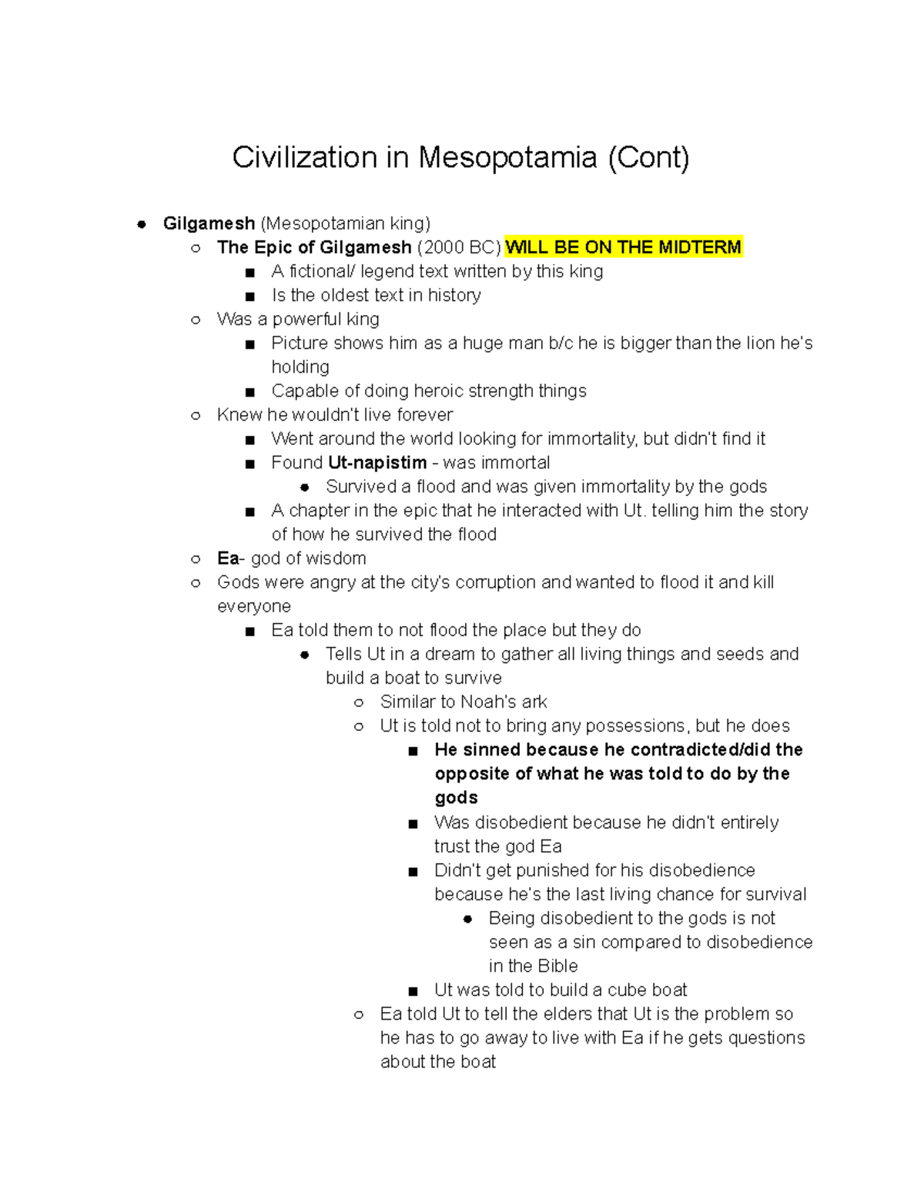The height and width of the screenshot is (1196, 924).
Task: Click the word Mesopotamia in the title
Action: point(507,158)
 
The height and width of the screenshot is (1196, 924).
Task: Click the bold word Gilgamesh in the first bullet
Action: point(209,223)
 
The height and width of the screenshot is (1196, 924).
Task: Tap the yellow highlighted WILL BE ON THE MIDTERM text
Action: point(623,247)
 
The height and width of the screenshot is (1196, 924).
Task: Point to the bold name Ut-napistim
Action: point(377,463)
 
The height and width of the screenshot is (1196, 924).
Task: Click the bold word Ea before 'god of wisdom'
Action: point(228,558)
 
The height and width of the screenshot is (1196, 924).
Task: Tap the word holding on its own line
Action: point(300,367)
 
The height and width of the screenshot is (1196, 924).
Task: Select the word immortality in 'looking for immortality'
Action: point(577,439)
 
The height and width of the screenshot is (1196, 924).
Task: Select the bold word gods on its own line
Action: point(456,798)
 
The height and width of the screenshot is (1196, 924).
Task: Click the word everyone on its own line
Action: point(254,607)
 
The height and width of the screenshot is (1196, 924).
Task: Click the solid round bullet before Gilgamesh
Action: point(141,224)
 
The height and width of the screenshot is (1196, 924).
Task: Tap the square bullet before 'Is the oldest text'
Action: point(249,296)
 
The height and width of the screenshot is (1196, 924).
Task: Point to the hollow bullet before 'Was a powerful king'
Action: point(196,320)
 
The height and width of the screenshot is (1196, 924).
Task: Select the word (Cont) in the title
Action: point(648,158)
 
